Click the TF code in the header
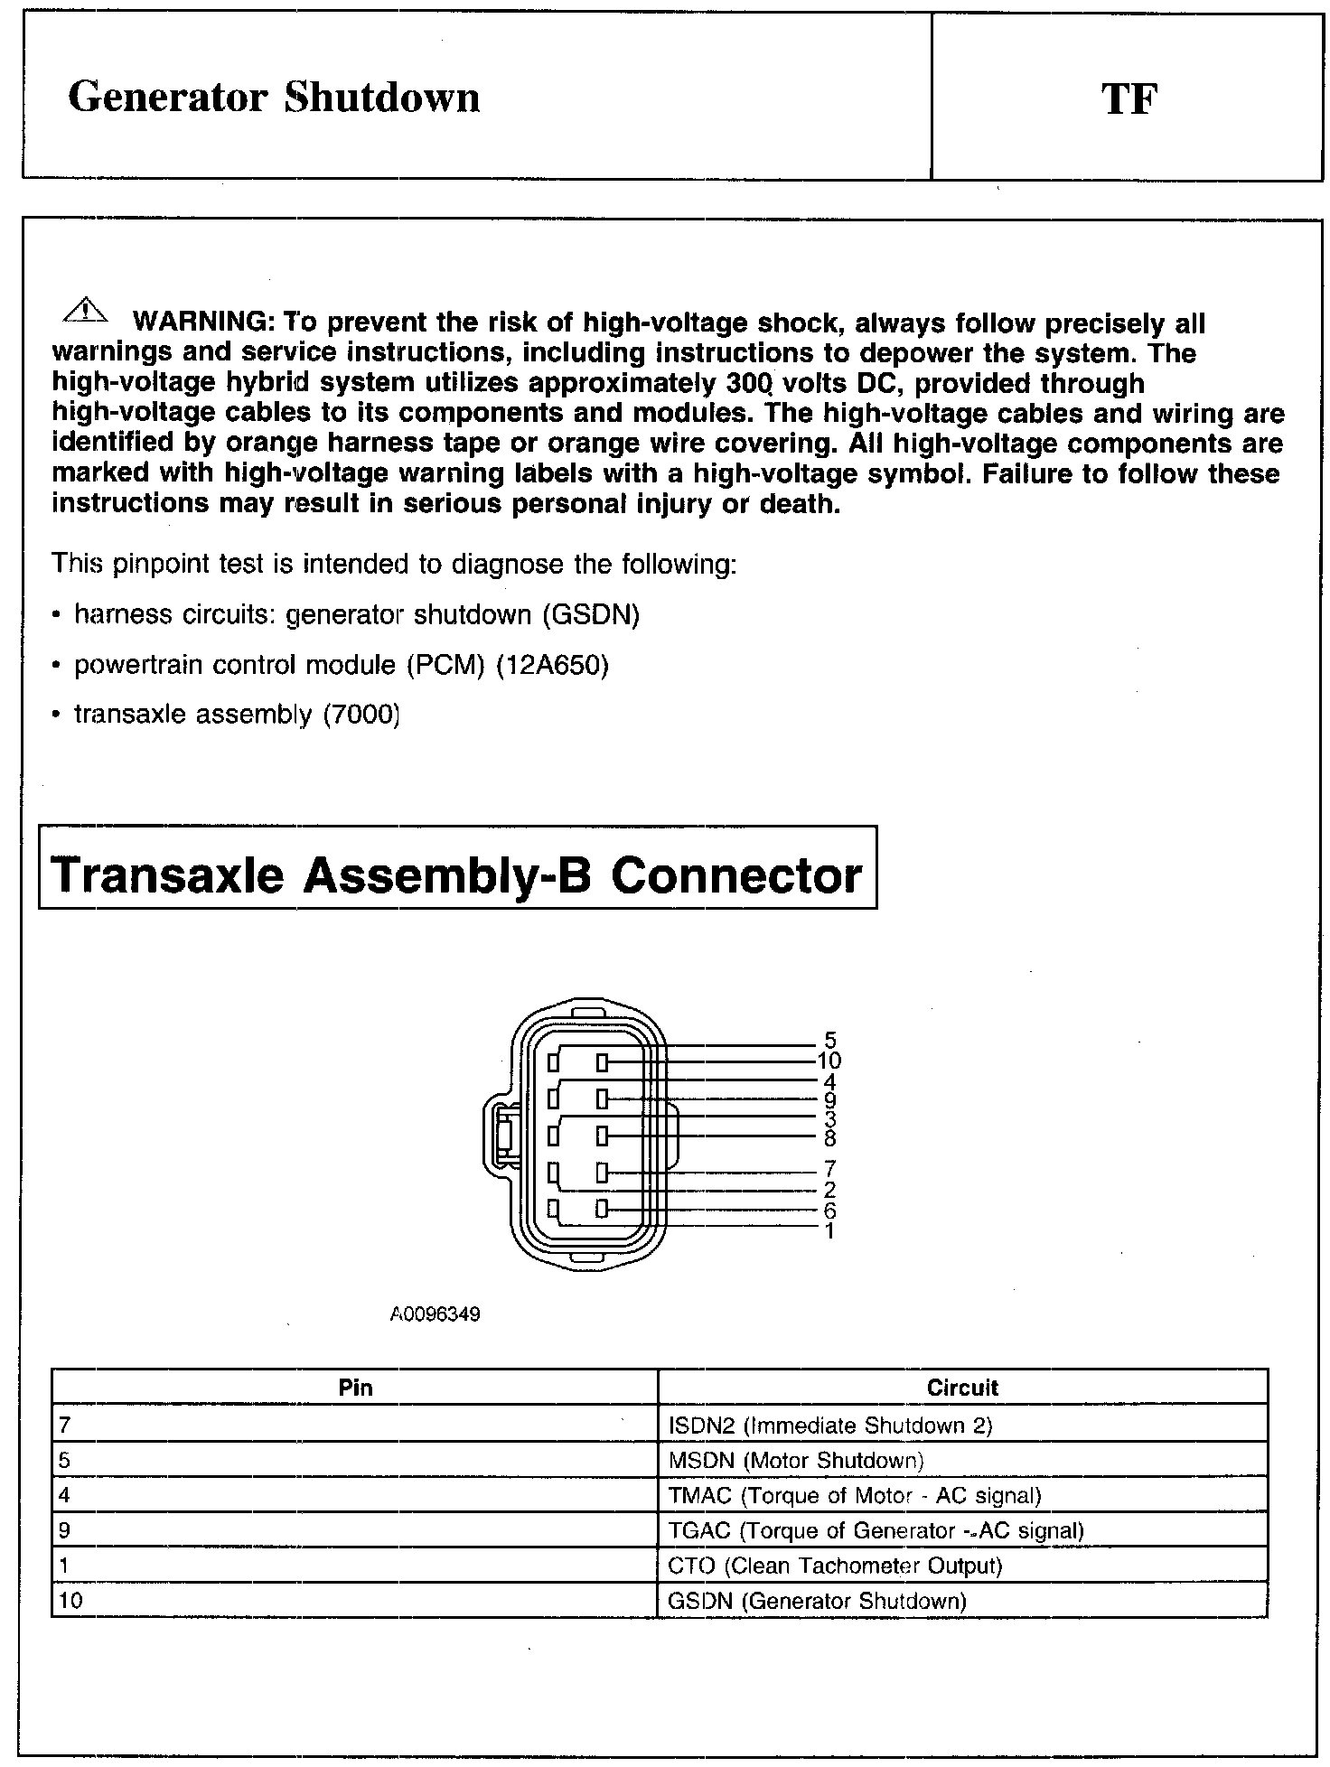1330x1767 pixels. [x=1129, y=98]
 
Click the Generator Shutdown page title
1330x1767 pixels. [x=274, y=98]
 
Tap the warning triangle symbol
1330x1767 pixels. [x=83, y=310]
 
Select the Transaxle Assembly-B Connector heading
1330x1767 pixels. [x=457, y=874]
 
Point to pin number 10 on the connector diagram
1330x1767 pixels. [x=829, y=1061]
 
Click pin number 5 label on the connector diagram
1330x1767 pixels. [x=830, y=1041]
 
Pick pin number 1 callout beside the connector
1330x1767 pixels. [x=829, y=1230]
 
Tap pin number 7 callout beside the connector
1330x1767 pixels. [x=830, y=1170]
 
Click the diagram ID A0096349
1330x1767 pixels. [x=435, y=1314]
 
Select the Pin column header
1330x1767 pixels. [x=355, y=1388]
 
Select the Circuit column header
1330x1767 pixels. [x=962, y=1388]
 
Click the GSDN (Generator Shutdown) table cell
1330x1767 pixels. [x=817, y=1602]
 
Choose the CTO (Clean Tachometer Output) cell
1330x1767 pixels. [x=835, y=1566]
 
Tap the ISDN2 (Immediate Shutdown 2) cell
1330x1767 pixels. [x=829, y=1426]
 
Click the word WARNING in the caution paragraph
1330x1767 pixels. [x=203, y=323]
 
